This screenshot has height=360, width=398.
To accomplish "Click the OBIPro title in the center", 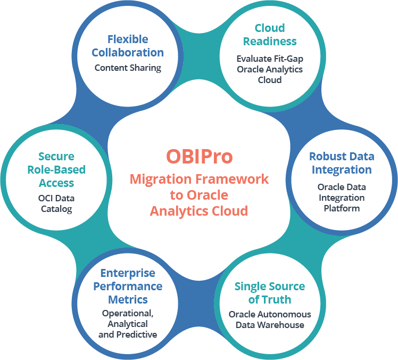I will pos(199,157).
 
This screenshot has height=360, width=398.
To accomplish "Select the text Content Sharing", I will pos(128,68).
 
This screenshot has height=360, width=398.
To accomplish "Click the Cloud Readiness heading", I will pos(269,35).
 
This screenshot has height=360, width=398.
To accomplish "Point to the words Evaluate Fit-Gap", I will pos(270,59).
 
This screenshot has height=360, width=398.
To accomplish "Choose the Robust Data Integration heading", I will pos(342,163).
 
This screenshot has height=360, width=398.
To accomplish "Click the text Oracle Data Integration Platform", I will pos(342,198).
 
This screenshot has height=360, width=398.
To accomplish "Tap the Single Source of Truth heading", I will pos(270,292).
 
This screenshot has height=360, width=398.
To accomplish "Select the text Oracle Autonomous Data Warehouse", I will pos(270,320).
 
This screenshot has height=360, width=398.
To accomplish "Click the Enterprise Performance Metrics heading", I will pos(128,286).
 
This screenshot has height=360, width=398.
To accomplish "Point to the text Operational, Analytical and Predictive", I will pos(128,324).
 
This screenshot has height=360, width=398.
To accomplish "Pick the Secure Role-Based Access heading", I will pos(56,169).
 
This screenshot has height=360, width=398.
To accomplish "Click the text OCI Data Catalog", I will pos(56,204).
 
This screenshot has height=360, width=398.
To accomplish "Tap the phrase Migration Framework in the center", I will pos(199,179).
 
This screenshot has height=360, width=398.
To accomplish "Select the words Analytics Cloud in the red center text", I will pos(199,211).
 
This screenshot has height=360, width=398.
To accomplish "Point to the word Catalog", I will pos(56,209).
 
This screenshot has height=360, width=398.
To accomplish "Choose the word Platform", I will pos(342,208).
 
